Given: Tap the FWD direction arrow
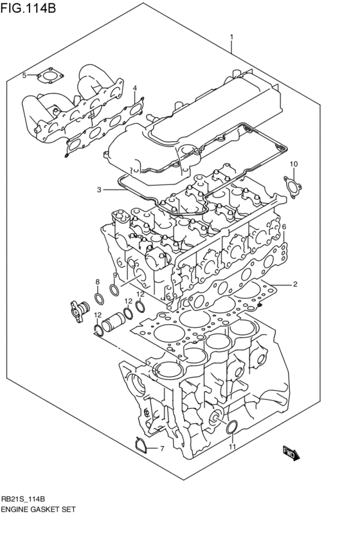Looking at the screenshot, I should (291, 453).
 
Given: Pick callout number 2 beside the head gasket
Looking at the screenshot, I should (294, 284).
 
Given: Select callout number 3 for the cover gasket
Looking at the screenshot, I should (99, 190).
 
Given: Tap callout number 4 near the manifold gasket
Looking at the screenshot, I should (135, 88).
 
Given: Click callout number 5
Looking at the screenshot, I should (24, 76).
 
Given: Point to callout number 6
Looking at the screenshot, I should (283, 227).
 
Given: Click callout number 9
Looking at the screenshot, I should (114, 276).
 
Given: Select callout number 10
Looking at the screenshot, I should (293, 165).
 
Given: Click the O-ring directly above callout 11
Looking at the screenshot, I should (233, 427).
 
